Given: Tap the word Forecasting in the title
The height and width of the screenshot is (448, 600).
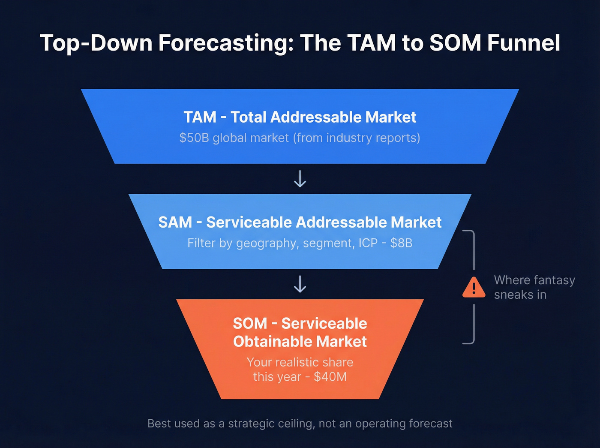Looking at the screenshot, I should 226,43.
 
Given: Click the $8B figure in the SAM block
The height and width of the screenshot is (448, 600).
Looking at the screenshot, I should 401,243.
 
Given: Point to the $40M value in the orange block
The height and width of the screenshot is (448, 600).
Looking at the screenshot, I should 330,377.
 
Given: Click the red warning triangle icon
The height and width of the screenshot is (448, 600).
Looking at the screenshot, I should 474,288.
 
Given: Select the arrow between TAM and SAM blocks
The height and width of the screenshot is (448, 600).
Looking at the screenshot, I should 300,179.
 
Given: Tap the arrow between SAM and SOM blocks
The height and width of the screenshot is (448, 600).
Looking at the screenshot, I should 300,284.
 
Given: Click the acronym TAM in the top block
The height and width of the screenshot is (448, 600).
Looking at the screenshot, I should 200,117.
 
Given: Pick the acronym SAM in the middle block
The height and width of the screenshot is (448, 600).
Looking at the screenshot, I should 175,222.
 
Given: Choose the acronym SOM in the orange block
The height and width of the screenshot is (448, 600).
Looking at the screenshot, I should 249,323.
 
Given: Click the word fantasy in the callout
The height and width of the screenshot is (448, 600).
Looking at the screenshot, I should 553,280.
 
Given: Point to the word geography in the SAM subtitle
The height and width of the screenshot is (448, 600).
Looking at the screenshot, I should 266,244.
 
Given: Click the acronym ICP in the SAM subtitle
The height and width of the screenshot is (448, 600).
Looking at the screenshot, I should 368,243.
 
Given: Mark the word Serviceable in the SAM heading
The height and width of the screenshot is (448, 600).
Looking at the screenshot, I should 249,222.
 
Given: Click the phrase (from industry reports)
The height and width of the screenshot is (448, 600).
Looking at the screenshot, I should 357,138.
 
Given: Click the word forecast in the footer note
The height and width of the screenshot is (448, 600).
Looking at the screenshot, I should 430,424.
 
